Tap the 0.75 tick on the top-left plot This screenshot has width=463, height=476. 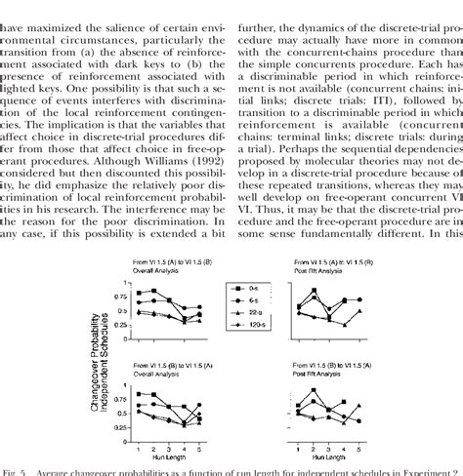(x=127, y=294)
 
